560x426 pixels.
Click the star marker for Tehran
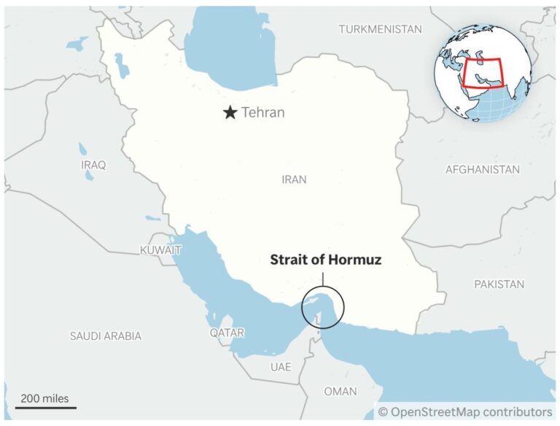(230, 112)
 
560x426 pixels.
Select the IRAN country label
(295, 179)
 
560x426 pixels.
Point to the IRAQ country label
(93, 165)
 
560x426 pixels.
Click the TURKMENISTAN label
(380, 29)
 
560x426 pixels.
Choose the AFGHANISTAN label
(482, 169)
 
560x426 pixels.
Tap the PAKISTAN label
(499, 284)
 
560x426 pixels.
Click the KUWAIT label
(160, 250)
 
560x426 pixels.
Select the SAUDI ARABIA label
(106, 336)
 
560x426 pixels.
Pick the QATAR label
(227, 333)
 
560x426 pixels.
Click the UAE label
(281, 366)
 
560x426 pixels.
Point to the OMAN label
(341, 391)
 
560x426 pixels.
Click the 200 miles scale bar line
(45, 407)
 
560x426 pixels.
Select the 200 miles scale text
(44, 398)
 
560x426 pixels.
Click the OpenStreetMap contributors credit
(464, 412)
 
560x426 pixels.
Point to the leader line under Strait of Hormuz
(323, 278)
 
